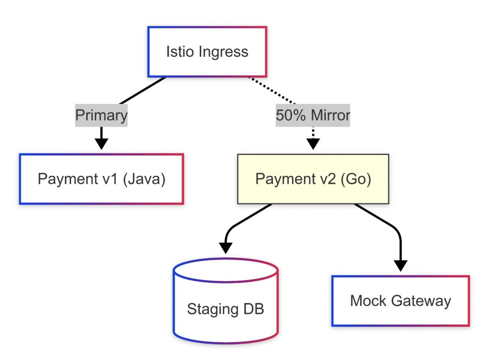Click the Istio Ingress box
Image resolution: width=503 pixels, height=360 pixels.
click(x=207, y=52)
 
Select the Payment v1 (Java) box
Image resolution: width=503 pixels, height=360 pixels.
click(x=101, y=179)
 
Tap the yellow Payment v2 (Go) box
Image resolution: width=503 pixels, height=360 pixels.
click(x=313, y=179)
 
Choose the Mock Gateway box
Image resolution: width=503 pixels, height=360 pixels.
click(x=400, y=301)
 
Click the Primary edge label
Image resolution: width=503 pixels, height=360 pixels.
click(x=101, y=115)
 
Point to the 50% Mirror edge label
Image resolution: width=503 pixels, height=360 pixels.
click(x=313, y=115)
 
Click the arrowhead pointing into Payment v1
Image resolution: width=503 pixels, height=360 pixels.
click(x=101, y=143)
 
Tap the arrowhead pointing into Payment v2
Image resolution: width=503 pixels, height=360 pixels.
click(x=313, y=144)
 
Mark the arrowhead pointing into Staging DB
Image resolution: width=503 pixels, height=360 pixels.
click(x=226, y=248)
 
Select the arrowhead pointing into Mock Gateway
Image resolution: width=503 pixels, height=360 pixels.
click(x=401, y=265)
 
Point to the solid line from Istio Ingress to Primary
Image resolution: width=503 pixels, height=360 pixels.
click(x=143, y=91)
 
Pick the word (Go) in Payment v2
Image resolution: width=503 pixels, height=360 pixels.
click(x=356, y=179)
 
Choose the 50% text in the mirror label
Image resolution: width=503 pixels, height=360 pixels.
click(x=289, y=115)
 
